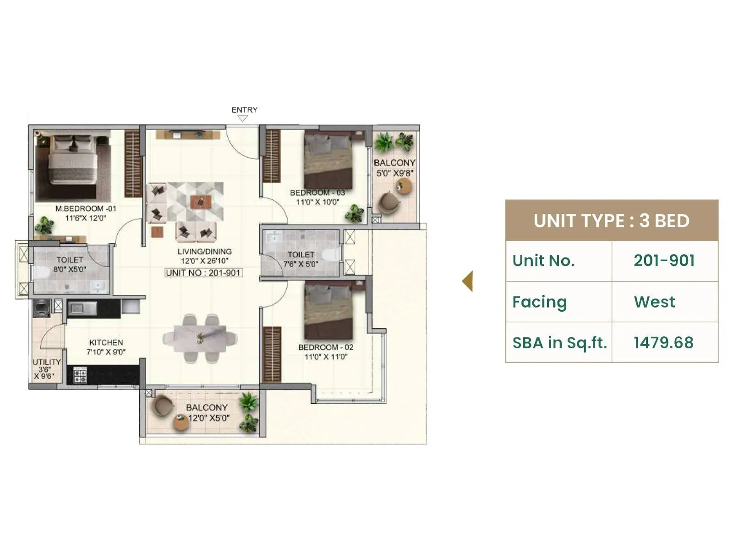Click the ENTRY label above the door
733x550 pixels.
244,110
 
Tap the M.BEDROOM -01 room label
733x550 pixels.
86,209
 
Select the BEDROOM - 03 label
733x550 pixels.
317,192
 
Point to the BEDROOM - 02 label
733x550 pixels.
326,347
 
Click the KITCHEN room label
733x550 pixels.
106,342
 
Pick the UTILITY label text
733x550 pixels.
46,362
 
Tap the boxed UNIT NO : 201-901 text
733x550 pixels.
203,273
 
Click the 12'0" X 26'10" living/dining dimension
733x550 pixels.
204,261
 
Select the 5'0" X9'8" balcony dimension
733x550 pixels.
394,173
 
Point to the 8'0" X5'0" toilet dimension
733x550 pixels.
70,269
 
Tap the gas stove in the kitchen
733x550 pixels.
80,375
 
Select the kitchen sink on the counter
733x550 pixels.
83,308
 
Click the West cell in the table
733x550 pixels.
654,302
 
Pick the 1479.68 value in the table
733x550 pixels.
663,342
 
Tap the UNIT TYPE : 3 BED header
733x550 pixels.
611,220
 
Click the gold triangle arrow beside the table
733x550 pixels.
468,281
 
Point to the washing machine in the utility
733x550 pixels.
42,307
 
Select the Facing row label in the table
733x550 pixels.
540,302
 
